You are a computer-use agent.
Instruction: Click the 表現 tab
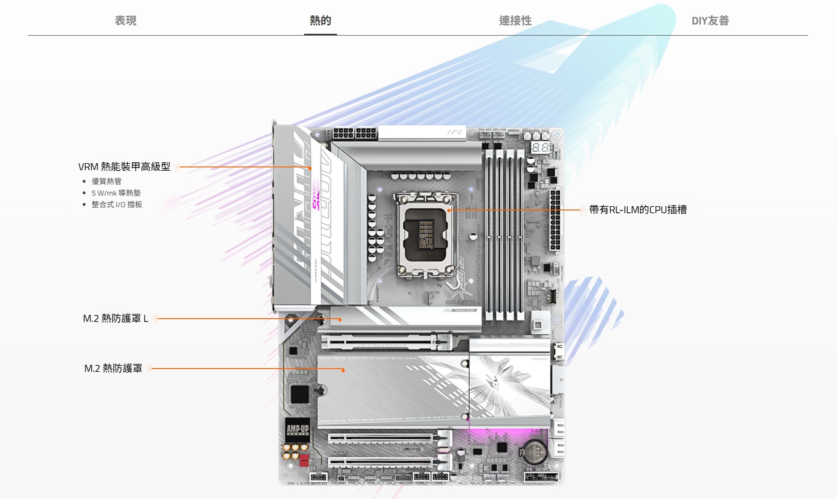125,21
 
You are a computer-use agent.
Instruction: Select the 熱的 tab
320,21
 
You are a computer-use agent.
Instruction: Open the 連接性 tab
515,21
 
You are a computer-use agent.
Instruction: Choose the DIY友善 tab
710,21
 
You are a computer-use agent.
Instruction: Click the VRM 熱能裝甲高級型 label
124,166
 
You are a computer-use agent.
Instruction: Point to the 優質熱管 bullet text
106,181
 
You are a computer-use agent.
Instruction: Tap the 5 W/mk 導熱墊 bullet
116,193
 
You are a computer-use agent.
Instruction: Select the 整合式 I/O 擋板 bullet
116,204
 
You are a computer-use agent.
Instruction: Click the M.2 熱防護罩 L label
116,318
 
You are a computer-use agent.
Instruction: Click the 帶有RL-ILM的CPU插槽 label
637,209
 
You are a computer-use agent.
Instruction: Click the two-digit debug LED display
540,148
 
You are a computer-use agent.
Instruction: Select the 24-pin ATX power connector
555,220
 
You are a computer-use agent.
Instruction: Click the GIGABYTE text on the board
460,302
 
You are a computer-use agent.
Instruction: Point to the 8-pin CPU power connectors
354,134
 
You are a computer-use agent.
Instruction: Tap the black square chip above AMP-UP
299,394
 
